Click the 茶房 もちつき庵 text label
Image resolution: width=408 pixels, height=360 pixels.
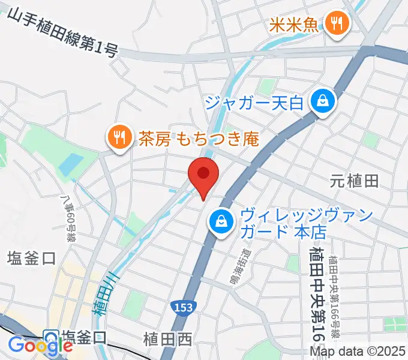click(198, 139)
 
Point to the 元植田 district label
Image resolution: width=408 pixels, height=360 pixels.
click(355, 180)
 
